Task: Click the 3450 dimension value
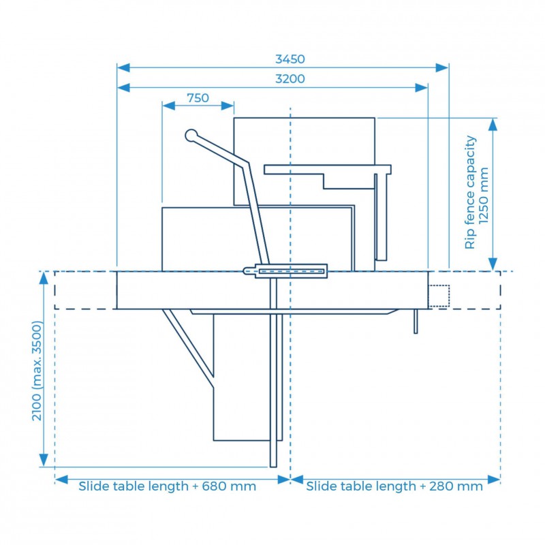pos(290,59)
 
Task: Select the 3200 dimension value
pos(290,79)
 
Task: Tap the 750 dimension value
pos(198,98)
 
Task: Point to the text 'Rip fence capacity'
pos(470,192)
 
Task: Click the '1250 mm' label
pos(484,196)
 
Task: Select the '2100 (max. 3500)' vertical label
pos(37,371)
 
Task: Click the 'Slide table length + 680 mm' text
pos(167,486)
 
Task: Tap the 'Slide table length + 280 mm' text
pos(394,486)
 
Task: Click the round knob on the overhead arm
pos(191,136)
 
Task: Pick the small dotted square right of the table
pos(439,296)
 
